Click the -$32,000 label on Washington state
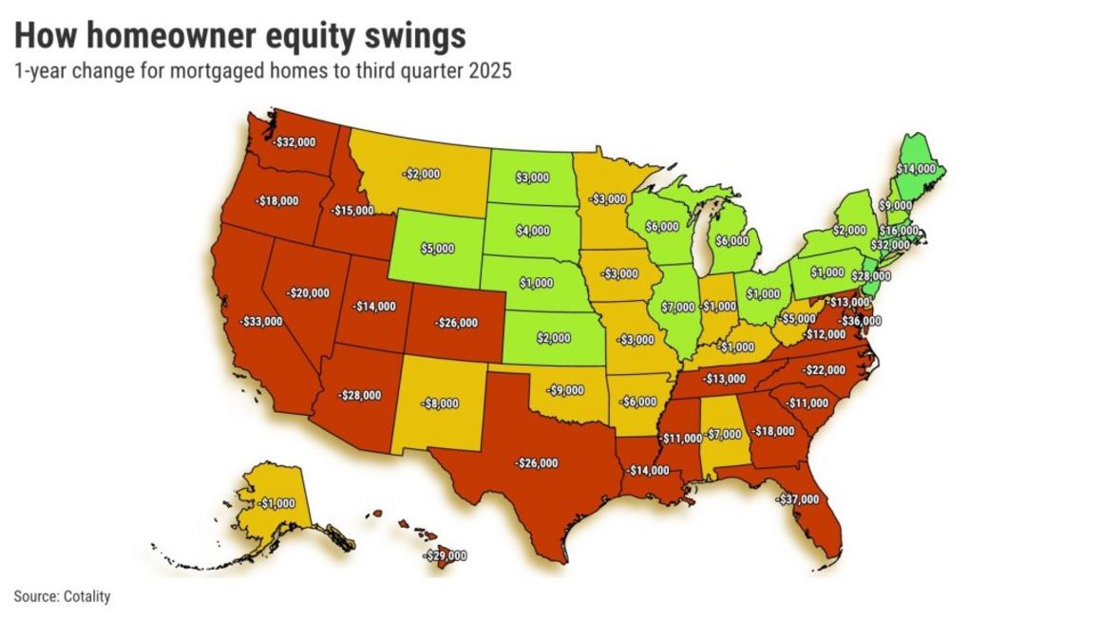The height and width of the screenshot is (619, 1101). pyautogui.click(x=294, y=141)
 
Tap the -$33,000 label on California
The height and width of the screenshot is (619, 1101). pyautogui.click(x=261, y=322)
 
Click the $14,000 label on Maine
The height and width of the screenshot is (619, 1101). pyautogui.click(x=916, y=168)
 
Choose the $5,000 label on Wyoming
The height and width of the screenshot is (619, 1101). pyautogui.click(x=437, y=250)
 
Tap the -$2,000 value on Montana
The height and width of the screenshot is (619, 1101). pyautogui.click(x=420, y=175)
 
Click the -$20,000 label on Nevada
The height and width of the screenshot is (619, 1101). pyautogui.click(x=309, y=293)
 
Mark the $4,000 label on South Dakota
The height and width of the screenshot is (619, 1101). pyautogui.click(x=532, y=231)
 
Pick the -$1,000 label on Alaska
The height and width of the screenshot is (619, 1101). pyautogui.click(x=276, y=503)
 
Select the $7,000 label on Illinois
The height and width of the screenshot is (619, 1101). pyautogui.click(x=680, y=308)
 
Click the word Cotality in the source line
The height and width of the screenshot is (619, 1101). pyautogui.click(x=87, y=597)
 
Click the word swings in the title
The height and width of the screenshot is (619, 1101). pyautogui.click(x=418, y=35)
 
